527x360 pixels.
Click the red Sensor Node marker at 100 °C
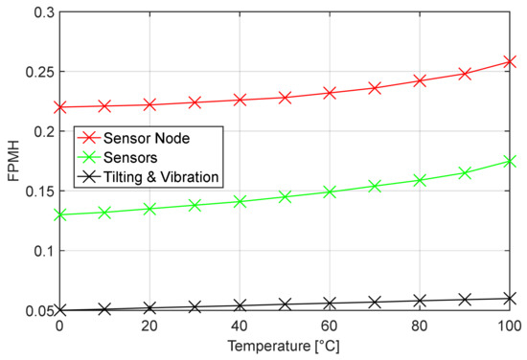pyautogui.click(x=510, y=61)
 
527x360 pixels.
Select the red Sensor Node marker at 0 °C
pyautogui.click(x=59, y=107)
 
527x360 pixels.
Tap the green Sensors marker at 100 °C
pyautogui.click(x=510, y=162)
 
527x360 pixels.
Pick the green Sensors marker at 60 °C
pyautogui.click(x=330, y=191)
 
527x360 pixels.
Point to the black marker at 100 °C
pyautogui.click(x=510, y=299)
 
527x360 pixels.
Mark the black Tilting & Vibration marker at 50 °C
pyautogui.click(x=285, y=304)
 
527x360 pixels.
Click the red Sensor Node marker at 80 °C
pyautogui.click(x=420, y=80)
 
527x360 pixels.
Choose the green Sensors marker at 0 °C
pyautogui.click(x=59, y=214)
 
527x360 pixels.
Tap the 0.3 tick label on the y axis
pyautogui.click(x=39, y=12)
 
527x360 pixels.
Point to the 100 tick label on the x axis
pyautogui.click(x=508, y=326)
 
